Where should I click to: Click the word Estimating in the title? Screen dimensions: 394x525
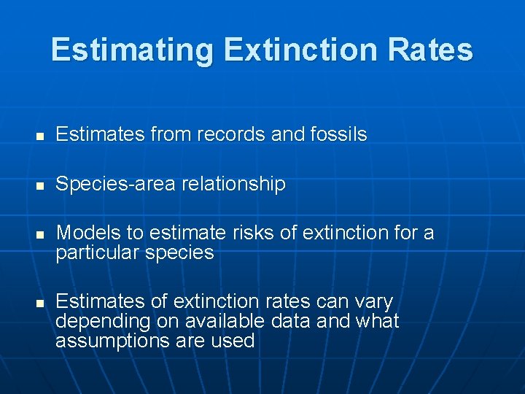point(132,50)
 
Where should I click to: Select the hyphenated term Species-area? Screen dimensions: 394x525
point(115,185)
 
